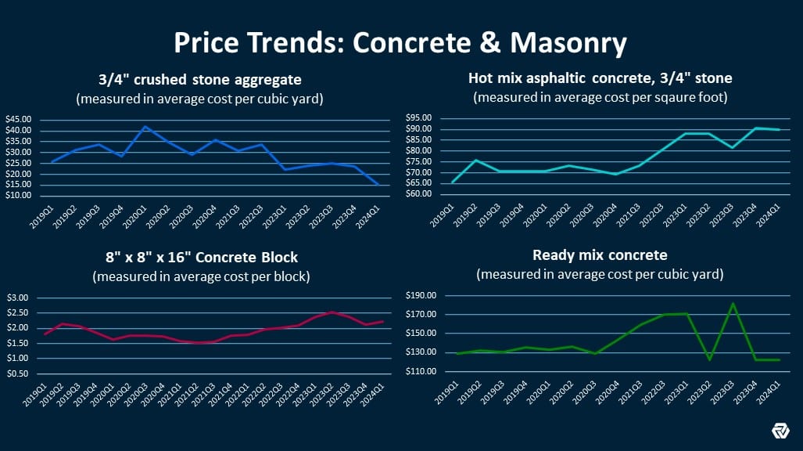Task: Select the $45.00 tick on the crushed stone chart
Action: pos(18,120)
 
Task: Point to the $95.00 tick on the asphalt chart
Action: pos(419,118)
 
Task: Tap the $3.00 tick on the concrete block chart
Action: pos(17,298)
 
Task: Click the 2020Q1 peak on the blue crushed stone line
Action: pos(145,126)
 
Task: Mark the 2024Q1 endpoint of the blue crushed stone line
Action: pos(378,185)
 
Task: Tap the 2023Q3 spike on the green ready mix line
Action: pos(733,303)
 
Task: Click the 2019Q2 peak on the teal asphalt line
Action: pos(475,160)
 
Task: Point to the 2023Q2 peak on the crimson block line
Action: pos(332,312)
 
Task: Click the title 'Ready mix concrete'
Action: pos(600,255)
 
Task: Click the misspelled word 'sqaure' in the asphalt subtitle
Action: pos(663,98)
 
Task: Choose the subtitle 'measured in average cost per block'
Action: pos(202,276)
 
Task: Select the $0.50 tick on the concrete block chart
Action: pos(17,373)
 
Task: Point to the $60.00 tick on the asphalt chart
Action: pos(419,193)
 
